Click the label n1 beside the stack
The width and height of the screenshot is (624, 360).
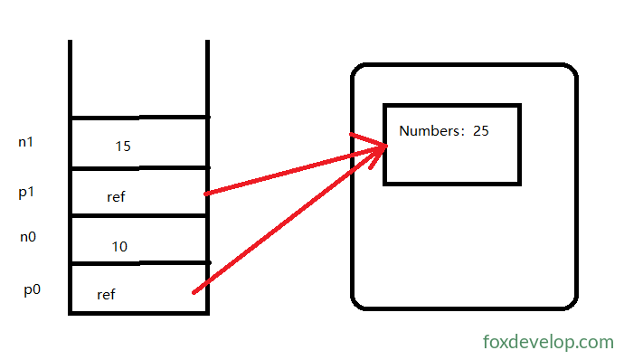(26, 142)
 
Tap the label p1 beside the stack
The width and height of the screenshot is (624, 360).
(26, 193)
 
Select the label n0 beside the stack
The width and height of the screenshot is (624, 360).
(28, 237)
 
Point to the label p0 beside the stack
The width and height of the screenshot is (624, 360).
(32, 289)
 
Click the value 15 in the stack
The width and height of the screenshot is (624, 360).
(123, 147)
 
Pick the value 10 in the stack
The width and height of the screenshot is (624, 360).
(119, 247)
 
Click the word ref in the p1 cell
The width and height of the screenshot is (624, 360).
(116, 196)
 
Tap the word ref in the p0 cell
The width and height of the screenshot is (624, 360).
(106, 294)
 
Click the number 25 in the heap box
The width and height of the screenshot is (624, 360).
(481, 130)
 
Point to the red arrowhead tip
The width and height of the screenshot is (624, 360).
(386, 147)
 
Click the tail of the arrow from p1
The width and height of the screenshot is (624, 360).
(206, 194)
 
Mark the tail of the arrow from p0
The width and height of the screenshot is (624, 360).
(194, 293)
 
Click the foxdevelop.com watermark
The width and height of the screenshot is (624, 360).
(548, 342)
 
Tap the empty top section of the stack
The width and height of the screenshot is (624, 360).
(139, 78)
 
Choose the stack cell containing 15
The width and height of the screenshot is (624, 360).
(139, 143)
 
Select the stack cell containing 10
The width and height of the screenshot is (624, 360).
(139, 240)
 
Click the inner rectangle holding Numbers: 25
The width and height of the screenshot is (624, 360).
(452, 105)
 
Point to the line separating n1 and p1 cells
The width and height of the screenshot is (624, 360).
(139, 168)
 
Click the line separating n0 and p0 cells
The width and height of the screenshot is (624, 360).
(139, 263)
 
